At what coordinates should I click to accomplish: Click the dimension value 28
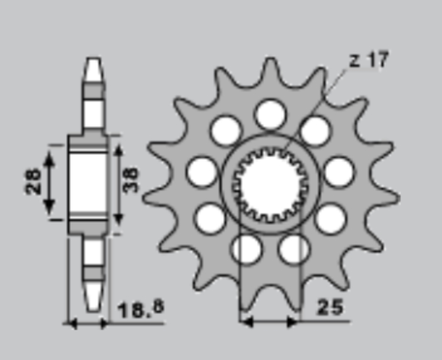pyautogui.click(x=33, y=182)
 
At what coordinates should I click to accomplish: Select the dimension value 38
pyautogui.click(x=131, y=180)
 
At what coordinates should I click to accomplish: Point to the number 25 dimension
pyautogui.click(x=330, y=307)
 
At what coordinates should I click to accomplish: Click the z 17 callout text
pyautogui.click(x=369, y=60)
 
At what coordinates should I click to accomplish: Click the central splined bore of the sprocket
pyautogui.click(x=270, y=186)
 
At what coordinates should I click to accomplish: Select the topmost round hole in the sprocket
pyautogui.click(x=270, y=114)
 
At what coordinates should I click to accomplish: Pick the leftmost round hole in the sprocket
pyautogui.click(x=202, y=172)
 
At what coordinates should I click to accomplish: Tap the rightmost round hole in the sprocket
pyautogui.click(x=339, y=172)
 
